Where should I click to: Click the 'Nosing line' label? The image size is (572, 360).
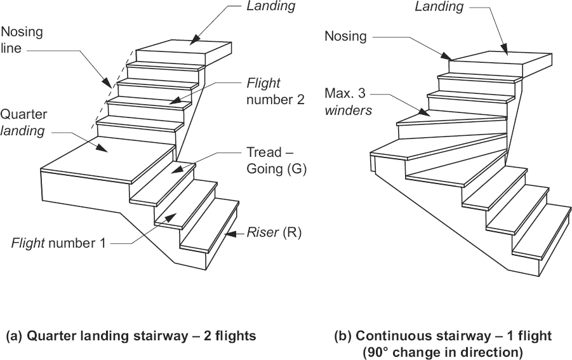click(20, 39)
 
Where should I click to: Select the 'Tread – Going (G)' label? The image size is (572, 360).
click(276, 161)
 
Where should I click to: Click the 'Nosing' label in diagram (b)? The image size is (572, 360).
click(345, 36)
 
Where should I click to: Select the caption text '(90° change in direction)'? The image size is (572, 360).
click(442, 351)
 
